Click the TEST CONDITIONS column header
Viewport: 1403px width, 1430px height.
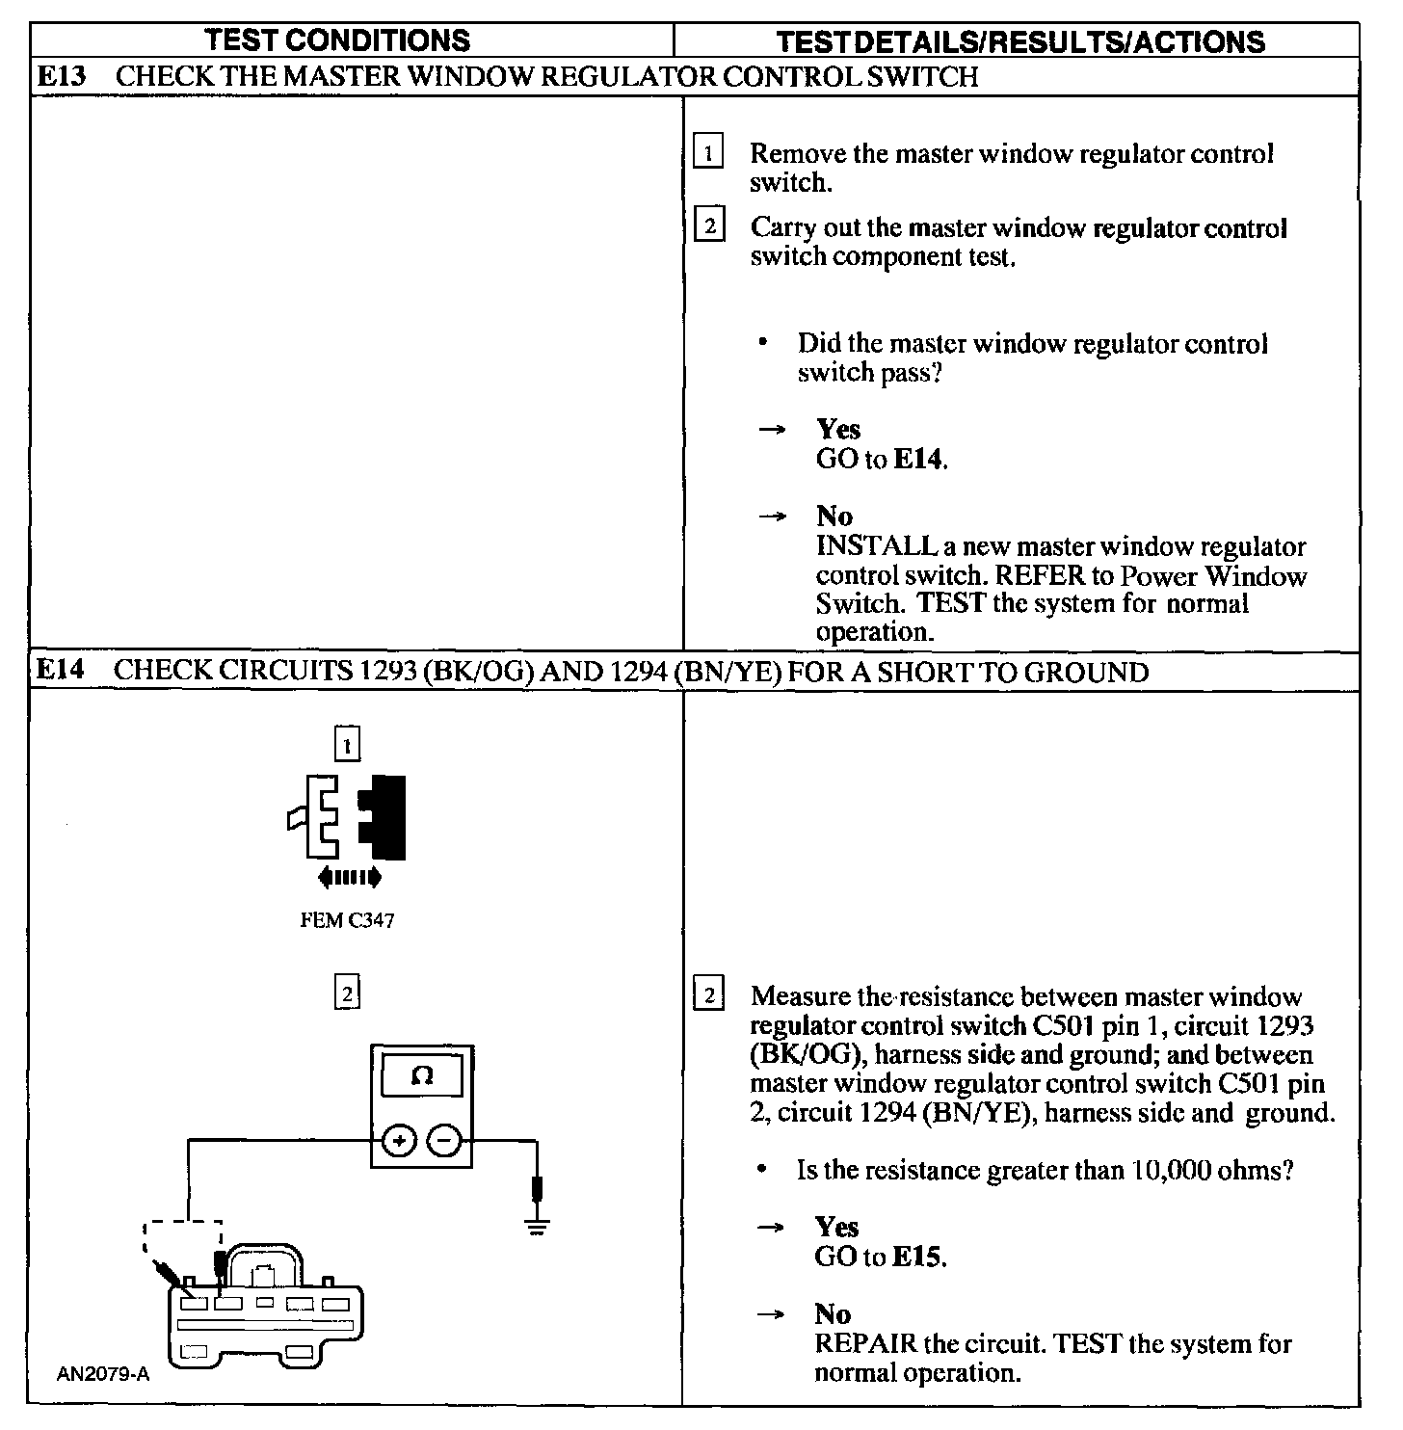(x=338, y=40)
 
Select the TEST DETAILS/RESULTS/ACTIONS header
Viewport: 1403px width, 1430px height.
(x=1020, y=40)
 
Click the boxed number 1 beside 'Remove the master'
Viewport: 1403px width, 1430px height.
(x=708, y=153)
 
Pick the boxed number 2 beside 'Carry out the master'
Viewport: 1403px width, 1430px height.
(x=709, y=228)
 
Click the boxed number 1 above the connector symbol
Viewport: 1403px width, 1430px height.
(x=347, y=745)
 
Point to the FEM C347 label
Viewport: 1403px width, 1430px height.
(x=347, y=920)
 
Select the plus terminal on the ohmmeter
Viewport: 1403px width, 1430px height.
(x=399, y=1142)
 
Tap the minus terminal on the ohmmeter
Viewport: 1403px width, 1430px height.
(x=443, y=1142)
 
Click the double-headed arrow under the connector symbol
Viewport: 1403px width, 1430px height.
(x=349, y=877)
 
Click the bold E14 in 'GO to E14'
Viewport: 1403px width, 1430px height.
(x=918, y=459)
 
